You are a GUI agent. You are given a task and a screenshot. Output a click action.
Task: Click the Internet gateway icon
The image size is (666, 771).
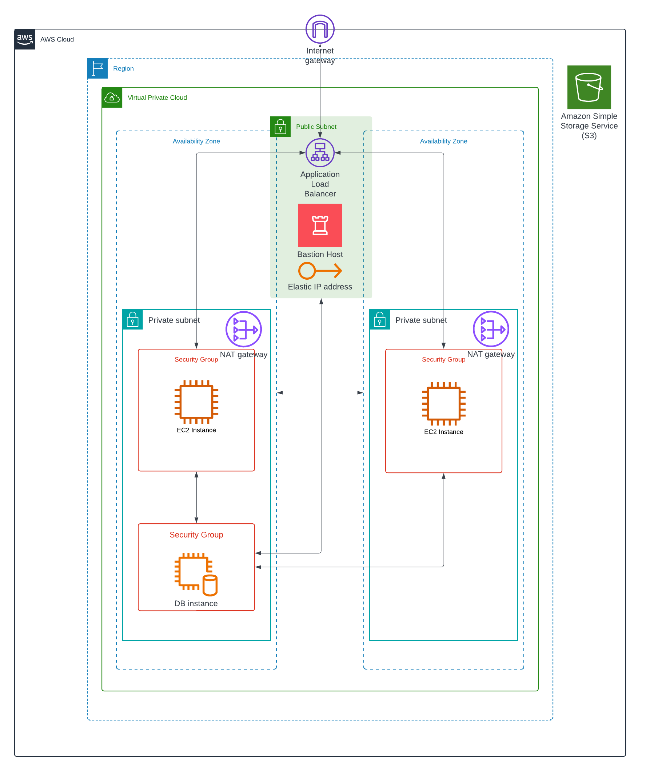pos(320,29)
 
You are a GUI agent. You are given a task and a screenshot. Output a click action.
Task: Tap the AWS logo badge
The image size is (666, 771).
pos(25,39)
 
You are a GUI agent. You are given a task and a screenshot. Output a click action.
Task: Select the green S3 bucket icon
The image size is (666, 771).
pos(589,87)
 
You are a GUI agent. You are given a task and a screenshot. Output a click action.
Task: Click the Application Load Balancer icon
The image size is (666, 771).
pos(320,152)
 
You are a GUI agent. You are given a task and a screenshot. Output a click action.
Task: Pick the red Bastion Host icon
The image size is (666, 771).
pos(320,225)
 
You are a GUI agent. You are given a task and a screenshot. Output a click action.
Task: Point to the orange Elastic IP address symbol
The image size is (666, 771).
pos(320,271)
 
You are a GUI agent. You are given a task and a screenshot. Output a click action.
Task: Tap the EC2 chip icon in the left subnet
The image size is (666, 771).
pos(196,402)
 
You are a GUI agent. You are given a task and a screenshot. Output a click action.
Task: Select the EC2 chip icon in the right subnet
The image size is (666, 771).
pos(443,403)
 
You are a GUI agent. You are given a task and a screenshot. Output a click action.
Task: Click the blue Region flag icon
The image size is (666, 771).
pos(97,68)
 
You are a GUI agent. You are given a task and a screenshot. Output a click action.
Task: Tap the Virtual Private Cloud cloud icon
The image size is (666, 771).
pos(112,97)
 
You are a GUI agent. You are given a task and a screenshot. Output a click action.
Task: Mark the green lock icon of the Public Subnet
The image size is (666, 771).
pos(280,127)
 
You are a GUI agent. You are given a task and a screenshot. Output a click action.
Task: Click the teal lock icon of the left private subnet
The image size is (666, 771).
pos(132,319)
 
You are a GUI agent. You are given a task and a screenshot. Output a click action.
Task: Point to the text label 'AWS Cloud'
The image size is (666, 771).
pos(57,39)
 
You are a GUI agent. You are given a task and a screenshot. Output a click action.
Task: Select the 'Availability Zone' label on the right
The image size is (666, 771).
pos(443,141)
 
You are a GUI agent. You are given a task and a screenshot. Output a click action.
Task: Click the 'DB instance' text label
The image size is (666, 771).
pos(196,603)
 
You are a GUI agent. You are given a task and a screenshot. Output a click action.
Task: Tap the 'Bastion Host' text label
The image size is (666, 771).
pos(320,254)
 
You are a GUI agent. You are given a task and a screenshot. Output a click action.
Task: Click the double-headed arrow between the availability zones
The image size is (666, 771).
pos(320,392)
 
